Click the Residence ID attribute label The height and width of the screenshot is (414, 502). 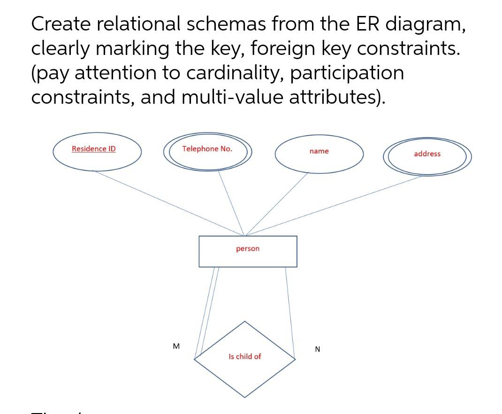pyautogui.click(x=94, y=149)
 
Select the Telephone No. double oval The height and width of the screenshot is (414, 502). pyautogui.click(x=207, y=160)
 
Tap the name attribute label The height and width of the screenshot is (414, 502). pyautogui.click(x=319, y=151)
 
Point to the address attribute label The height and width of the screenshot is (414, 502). pyautogui.click(x=427, y=153)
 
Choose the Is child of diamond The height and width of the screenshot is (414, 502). pyautogui.click(x=245, y=371)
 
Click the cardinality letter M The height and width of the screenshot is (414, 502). pyautogui.click(x=176, y=346)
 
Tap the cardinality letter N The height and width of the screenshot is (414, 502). pyautogui.click(x=318, y=349)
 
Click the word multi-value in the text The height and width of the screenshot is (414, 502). pyautogui.click(x=231, y=97)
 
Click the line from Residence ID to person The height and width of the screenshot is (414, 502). pyautogui.click(x=169, y=203)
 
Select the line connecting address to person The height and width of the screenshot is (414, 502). pyautogui.click(x=333, y=206)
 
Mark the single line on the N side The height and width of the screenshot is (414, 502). pyautogui.click(x=290, y=312)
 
